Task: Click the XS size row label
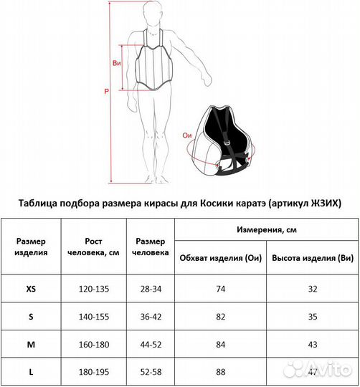31,289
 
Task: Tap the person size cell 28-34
150,289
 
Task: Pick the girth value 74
220,289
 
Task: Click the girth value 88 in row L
220,371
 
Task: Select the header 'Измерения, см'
267,230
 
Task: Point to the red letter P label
106,92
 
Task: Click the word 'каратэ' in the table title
233,202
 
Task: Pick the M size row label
31,344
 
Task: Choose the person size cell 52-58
150,371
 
